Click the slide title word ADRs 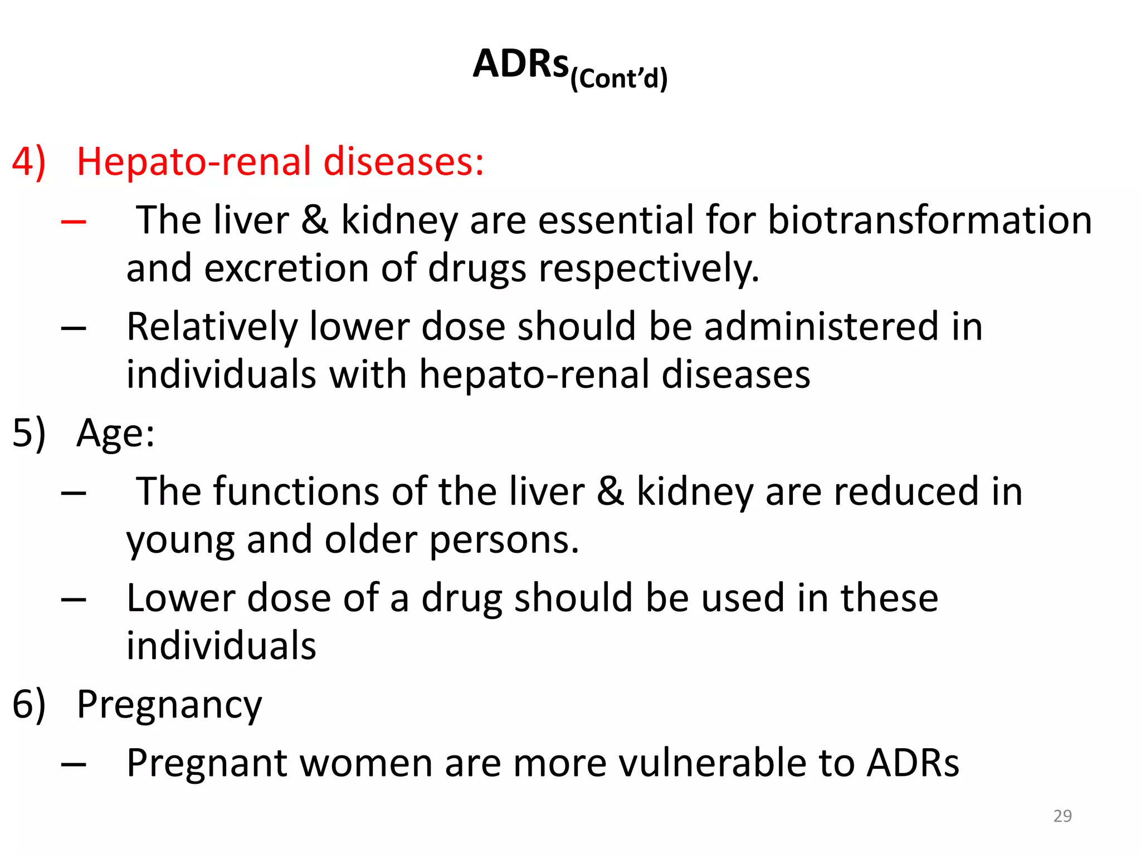[520, 63]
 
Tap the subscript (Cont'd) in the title [618, 78]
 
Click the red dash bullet [74, 222]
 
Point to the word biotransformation [929, 220]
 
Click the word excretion [286, 268]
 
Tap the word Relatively [212, 327]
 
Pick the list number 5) [28, 433]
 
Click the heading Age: [115, 433]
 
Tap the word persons [504, 540]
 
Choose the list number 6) [28, 704]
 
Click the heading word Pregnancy [169, 705]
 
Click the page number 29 [1062, 816]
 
